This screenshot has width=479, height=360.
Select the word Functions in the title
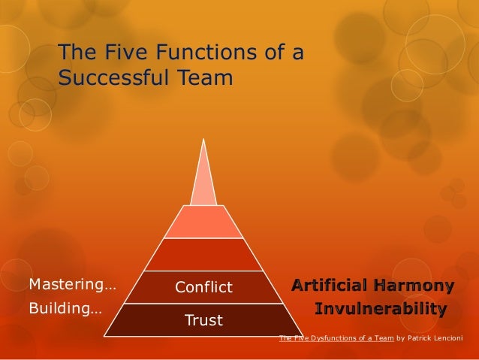[x=211, y=53]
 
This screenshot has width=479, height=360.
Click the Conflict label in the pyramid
[x=204, y=288]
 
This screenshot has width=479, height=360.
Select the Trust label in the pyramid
[x=204, y=321]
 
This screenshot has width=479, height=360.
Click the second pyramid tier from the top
[x=203, y=221]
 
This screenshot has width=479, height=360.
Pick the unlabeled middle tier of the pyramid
[x=203, y=254]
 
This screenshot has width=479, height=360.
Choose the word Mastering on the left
[x=63, y=285]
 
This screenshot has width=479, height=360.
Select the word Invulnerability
[x=381, y=309]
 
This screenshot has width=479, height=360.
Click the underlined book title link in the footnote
[x=336, y=338]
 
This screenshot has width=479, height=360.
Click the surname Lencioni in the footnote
[x=452, y=338]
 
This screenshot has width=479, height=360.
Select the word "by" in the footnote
[x=400, y=338]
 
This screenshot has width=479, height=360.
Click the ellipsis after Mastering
[x=110, y=285]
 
